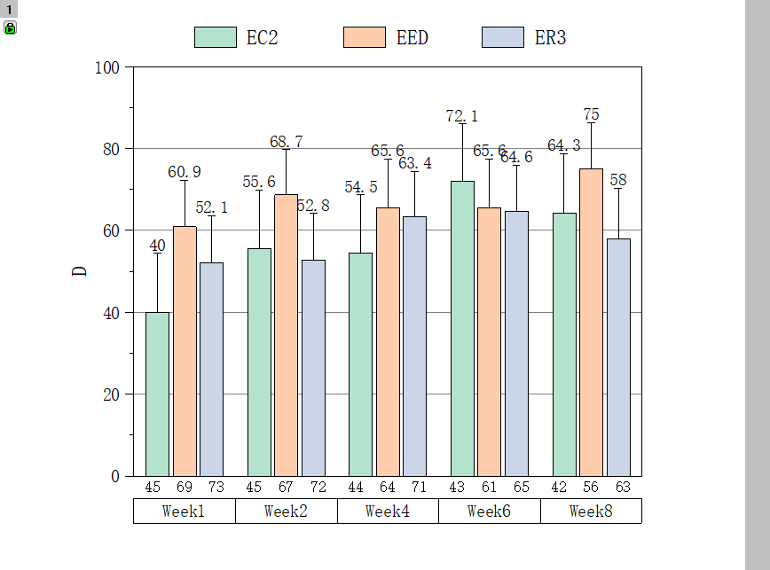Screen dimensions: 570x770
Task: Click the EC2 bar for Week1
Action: (157, 394)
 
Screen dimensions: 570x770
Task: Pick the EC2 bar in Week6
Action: (462, 328)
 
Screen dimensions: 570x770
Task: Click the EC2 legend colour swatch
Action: (216, 37)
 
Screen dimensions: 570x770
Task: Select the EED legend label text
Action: (412, 37)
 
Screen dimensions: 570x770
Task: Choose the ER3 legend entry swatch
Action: (503, 37)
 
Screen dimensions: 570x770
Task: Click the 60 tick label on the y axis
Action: (111, 230)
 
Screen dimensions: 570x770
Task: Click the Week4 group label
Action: (388, 511)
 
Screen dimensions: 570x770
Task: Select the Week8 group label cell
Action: (591, 511)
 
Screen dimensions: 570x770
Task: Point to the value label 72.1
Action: (461, 116)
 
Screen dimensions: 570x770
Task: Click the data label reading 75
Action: (592, 114)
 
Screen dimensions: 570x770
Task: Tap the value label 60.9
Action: (185, 171)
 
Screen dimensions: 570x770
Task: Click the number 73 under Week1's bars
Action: (216, 487)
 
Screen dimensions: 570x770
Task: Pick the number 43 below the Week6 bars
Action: (457, 487)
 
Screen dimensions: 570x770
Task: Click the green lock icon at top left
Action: (10, 28)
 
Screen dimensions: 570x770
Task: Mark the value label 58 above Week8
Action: (618, 180)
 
